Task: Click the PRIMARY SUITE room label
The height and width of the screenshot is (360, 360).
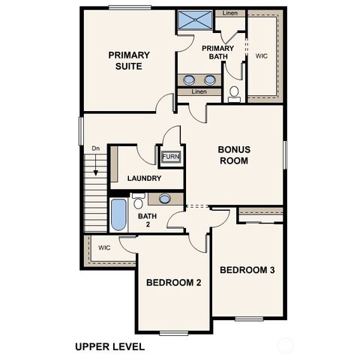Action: (x=129, y=60)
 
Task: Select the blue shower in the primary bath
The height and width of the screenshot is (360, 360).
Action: (x=195, y=20)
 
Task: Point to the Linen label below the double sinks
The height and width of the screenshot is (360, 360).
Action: (x=199, y=91)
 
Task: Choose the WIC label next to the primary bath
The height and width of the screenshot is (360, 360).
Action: (x=262, y=55)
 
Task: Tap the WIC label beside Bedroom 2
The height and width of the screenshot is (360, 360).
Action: (x=104, y=247)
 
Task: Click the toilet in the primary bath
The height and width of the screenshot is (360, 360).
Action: (x=234, y=93)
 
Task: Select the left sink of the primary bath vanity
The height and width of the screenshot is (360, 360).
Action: (x=189, y=79)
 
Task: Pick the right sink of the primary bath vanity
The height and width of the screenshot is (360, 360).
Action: (x=210, y=79)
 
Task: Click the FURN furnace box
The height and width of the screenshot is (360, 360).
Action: (x=171, y=157)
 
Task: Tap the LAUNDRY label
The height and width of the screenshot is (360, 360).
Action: (x=145, y=178)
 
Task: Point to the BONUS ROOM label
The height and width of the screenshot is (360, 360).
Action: (x=234, y=155)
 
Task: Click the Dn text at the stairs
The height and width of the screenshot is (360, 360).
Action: (x=95, y=148)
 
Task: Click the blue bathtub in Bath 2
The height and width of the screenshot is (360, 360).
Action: (x=118, y=214)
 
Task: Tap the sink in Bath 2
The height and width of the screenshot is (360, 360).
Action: (x=165, y=199)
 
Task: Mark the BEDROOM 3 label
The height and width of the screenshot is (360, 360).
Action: (x=248, y=269)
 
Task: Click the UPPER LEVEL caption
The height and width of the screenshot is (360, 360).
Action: (x=109, y=346)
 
